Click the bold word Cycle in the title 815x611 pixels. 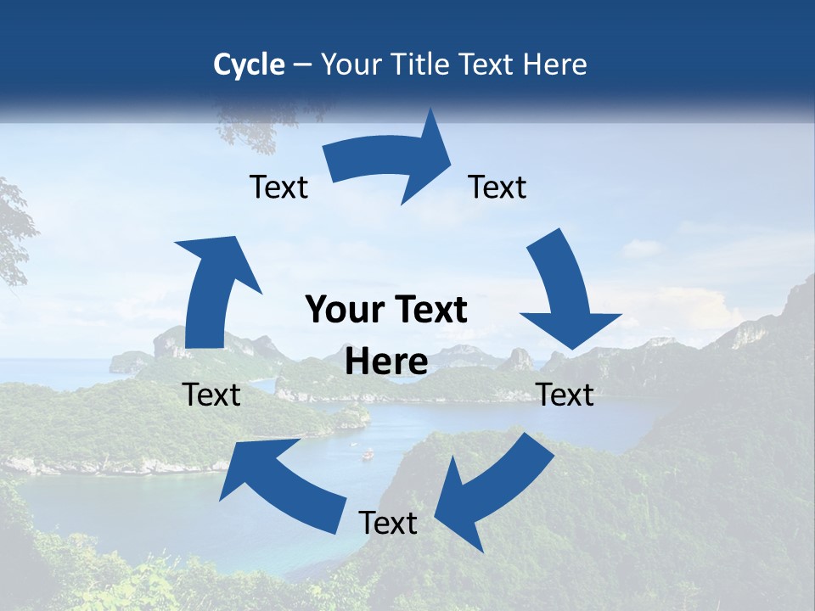point(249,64)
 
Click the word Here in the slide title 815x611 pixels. point(555,64)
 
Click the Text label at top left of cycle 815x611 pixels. point(278,188)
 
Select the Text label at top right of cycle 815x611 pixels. point(497,187)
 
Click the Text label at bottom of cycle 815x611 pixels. point(388,523)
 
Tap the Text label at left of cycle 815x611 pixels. point(211,395)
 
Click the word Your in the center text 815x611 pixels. point(339,311)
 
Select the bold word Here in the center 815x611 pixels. point(386,362)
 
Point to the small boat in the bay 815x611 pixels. point(368,455)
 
